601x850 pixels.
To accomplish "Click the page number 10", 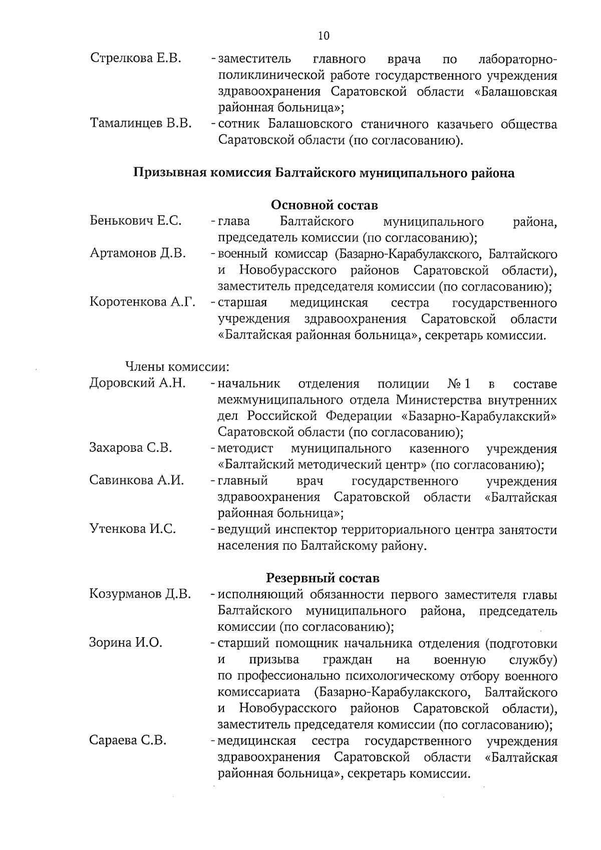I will tap(324, 36).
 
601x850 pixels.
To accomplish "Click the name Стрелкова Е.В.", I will tap(135, 59).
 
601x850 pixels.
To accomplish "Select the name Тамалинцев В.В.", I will tap(141, 123).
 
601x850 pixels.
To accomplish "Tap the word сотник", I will tap(238, 124).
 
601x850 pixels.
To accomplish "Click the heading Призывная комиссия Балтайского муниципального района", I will tap(324, 173).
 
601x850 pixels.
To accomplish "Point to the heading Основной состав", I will tap(324, 205).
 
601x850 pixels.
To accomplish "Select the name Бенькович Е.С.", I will tap(135, 221).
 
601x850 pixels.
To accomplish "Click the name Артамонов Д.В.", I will tap(138, 253).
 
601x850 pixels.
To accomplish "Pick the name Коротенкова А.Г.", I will tap(142, 302).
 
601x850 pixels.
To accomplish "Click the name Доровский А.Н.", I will tap(137, 384).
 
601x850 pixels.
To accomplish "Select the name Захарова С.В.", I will tap(131, 448).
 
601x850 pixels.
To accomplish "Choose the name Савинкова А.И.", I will tap(137, 480).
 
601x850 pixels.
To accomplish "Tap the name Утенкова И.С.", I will tap(132, 529).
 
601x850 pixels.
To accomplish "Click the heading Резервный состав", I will tap(323, 578).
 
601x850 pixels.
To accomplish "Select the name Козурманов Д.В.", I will tap(140, 595).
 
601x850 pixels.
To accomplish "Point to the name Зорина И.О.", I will tap(126, 643).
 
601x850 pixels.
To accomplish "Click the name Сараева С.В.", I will tap(128, 740).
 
